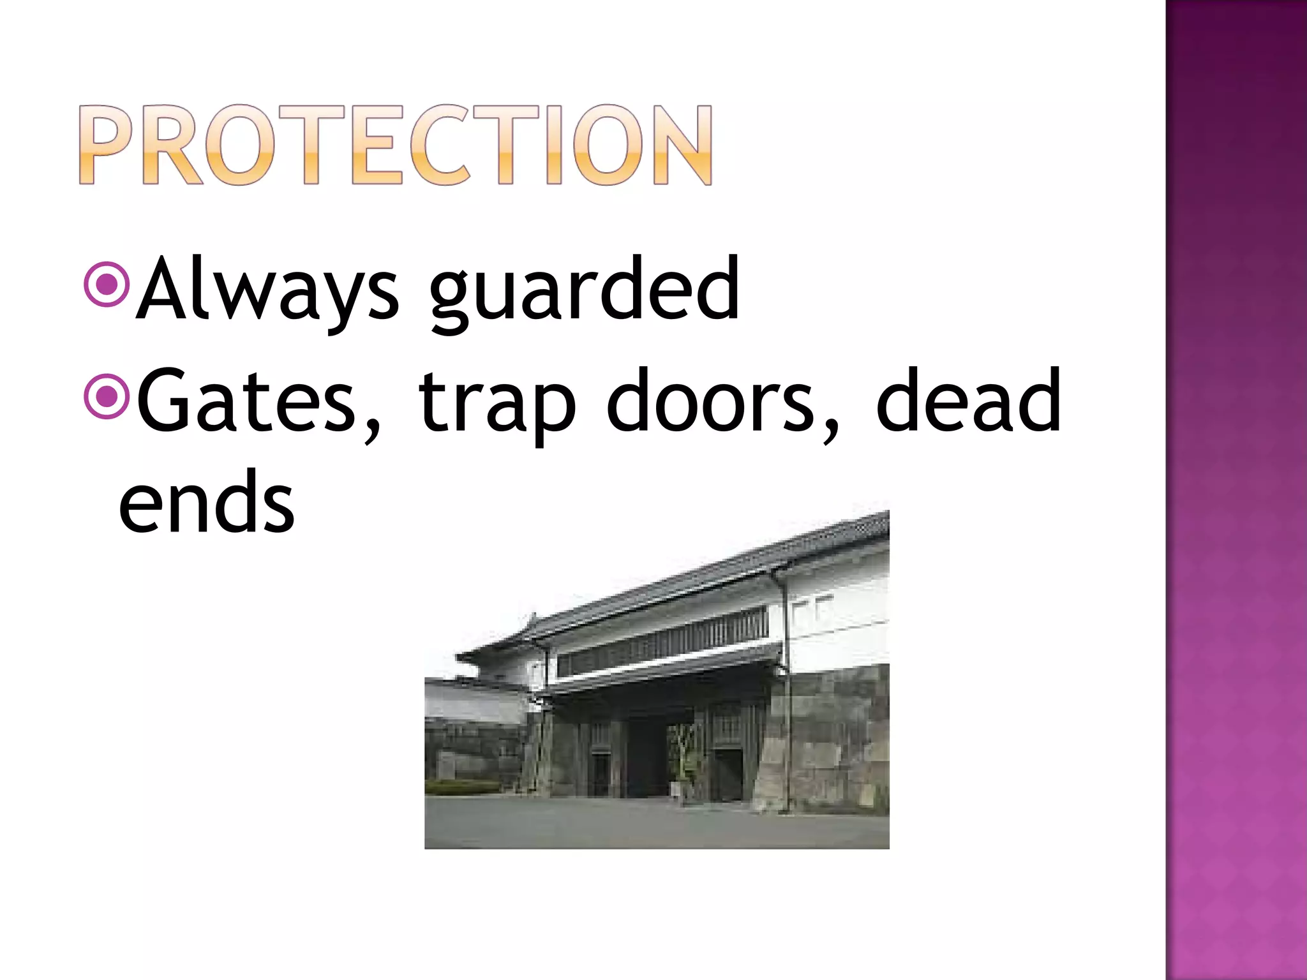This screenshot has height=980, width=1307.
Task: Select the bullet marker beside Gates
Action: click(107, 397)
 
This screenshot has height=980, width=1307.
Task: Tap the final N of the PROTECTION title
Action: click(681, 145)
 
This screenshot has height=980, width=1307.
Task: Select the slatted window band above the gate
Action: click(664, 641)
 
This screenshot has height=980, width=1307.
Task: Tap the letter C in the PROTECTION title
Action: click(440, 145)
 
